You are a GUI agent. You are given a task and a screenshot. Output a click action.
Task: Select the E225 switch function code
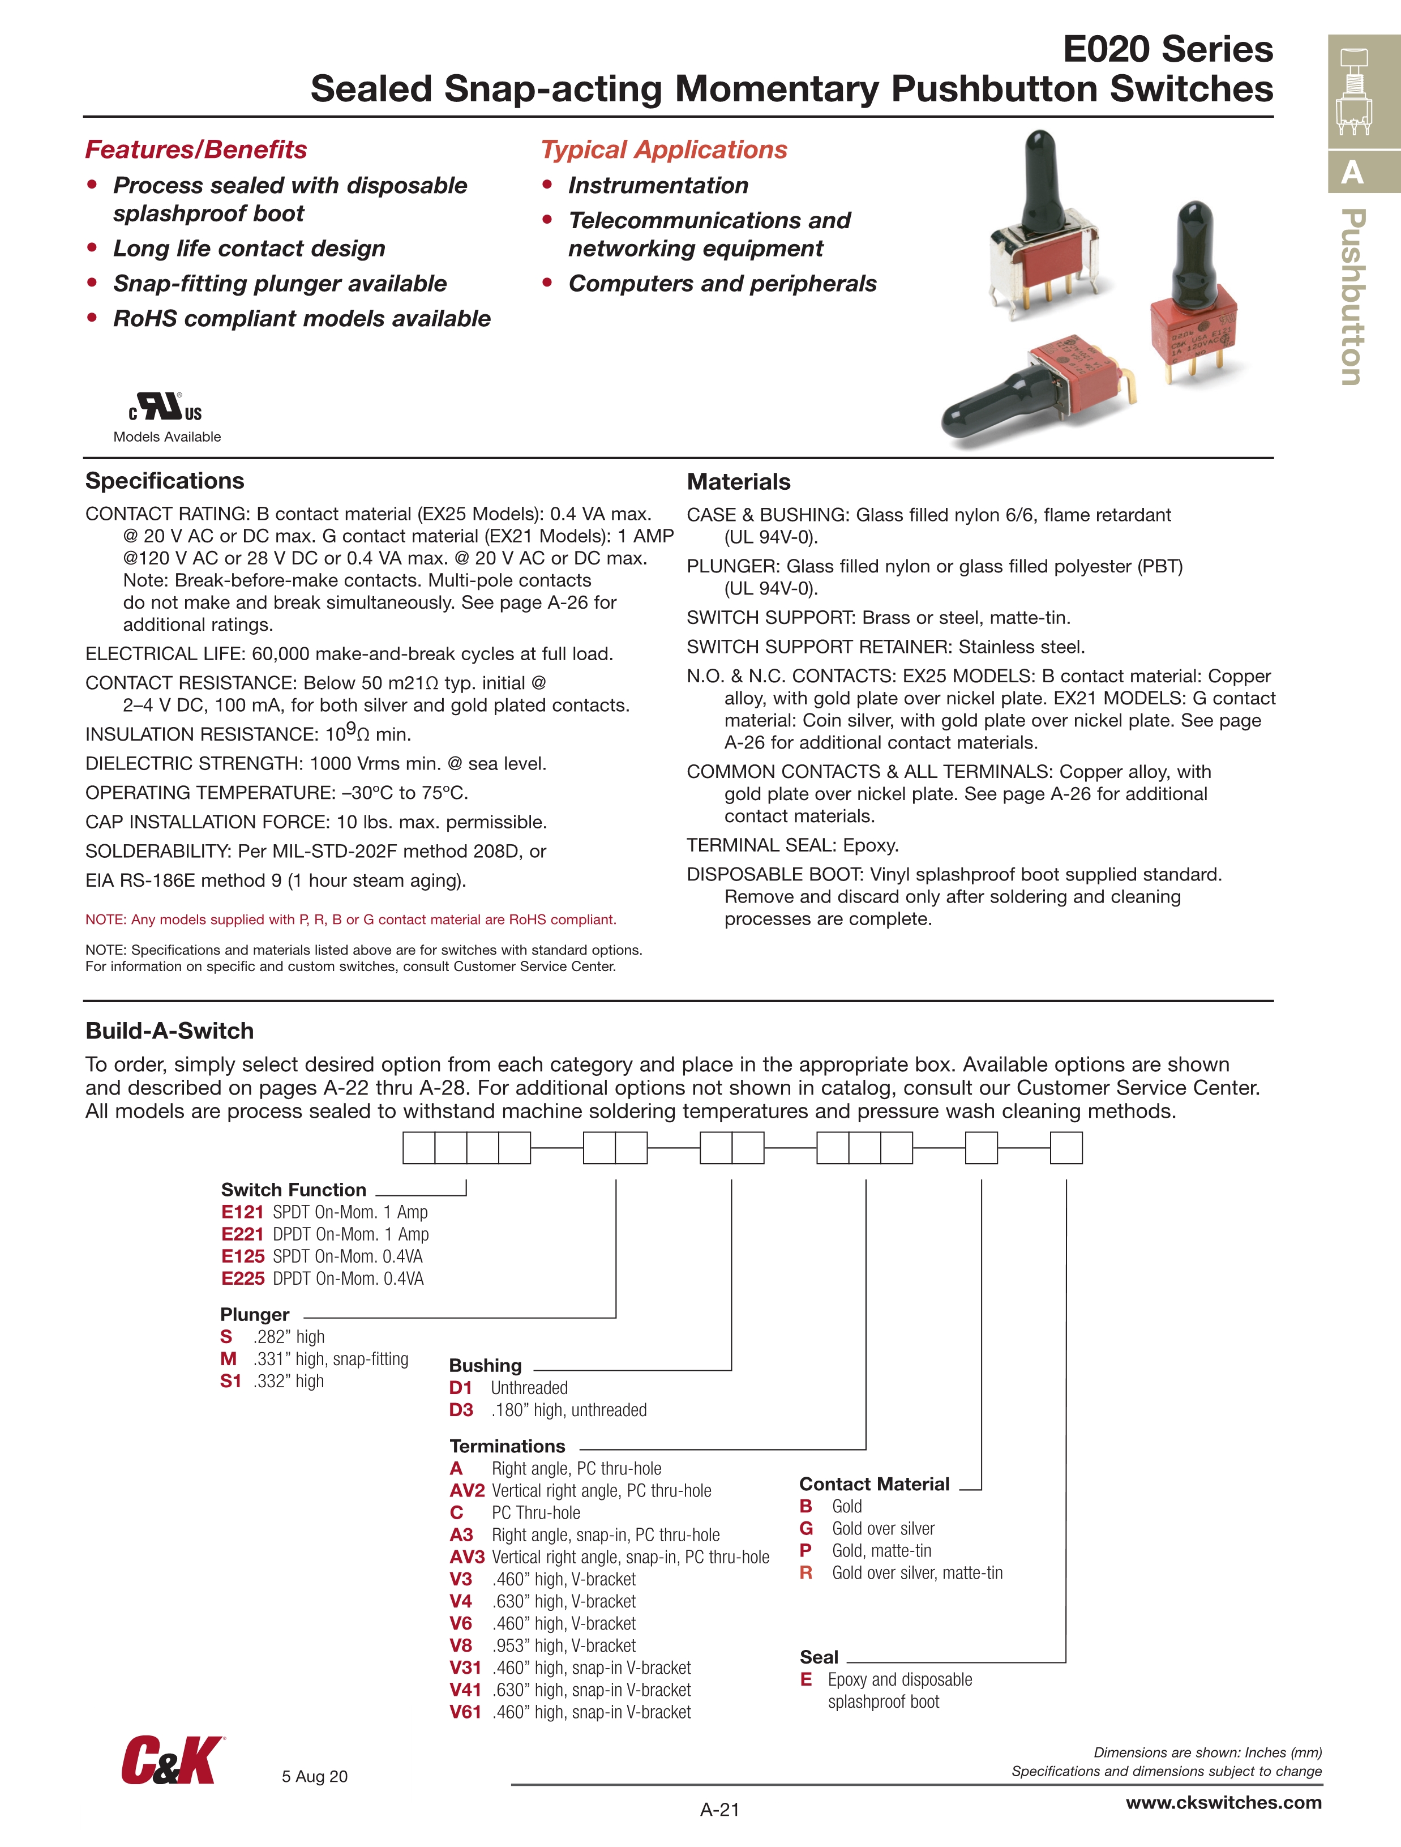point(243,1279)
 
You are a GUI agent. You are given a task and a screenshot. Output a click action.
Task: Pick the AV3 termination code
point(467,1557)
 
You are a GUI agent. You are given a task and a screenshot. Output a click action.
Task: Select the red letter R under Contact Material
point(806,1572)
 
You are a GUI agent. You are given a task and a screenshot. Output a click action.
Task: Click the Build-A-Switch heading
point(169,1031)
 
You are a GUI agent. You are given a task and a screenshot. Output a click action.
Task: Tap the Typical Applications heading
point(664,149)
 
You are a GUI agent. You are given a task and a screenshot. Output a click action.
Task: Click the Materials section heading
point(738,482)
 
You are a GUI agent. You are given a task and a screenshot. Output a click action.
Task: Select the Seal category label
point(818,1657)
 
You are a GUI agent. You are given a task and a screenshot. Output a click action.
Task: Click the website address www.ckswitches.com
point(1223,1802)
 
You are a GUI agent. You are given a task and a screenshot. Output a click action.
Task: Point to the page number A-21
point(719,1810)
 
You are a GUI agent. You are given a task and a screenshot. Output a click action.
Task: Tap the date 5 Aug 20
point(315,1776)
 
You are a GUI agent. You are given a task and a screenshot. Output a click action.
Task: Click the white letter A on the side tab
point(1352,173)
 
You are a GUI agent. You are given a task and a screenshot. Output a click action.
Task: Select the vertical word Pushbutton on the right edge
point(1352,297)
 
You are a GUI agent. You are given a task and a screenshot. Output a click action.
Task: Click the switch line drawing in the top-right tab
point(1354,92)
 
